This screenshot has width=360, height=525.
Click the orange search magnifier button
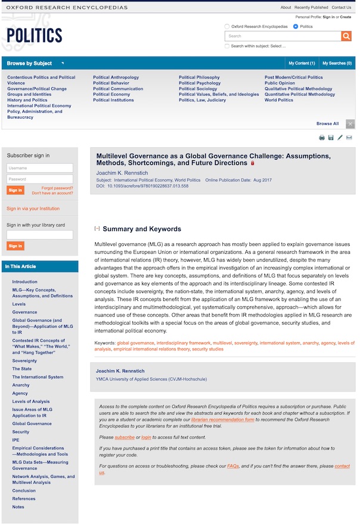coord(346,36)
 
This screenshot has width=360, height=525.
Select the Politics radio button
coord(296,27)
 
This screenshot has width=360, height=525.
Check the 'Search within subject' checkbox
coord(227,46)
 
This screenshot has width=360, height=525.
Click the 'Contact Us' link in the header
coord(342,8)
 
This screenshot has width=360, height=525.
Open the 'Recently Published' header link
coord(311,8)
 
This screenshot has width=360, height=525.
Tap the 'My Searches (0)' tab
coord(337,63)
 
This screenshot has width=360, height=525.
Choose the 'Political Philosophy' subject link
coord(199,77)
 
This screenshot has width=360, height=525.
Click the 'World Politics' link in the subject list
coord(279,100)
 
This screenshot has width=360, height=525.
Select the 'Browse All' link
coord(327,124)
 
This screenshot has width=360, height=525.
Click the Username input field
coord(40,168)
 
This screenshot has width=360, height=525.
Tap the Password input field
coord(40,179)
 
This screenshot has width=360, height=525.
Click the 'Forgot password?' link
coord(57,188)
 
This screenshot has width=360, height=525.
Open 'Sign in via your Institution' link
coord(33,209)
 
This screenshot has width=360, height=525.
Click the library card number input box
coord(40,235)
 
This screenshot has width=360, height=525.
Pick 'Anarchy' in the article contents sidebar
coord(21,385)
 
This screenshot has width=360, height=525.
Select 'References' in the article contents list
coord(24,499)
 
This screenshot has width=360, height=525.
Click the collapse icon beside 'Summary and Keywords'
coord(97,229)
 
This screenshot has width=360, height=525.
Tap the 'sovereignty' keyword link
coord(246,343)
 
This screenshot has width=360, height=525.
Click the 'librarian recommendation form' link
coord(222,420)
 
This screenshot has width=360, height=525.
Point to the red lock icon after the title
coord(252,163)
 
